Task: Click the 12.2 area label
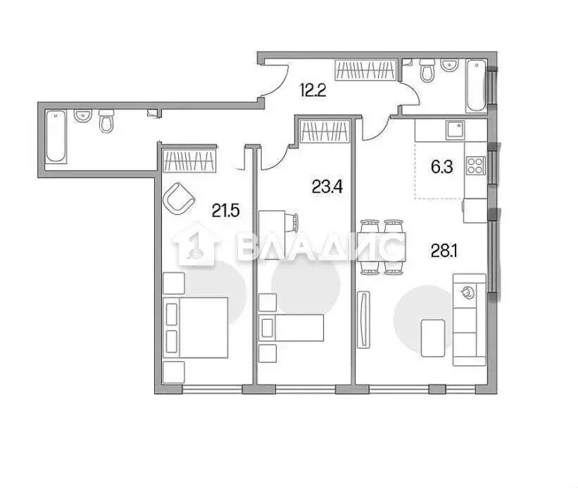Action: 313,90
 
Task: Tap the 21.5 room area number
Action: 226,211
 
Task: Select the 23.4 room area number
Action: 327,187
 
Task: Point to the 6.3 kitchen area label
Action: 441,167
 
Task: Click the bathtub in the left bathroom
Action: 56,137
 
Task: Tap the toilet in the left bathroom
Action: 107,120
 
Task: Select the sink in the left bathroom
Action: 83,115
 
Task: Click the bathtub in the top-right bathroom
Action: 477,86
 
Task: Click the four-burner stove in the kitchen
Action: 475,165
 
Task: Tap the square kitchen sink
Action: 454,130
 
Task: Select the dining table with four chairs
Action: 381,247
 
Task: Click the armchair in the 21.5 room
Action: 178,199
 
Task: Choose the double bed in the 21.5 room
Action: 196,327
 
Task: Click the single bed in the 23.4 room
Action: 291,327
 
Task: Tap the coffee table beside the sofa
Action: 433,338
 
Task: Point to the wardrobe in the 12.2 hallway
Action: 366,70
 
